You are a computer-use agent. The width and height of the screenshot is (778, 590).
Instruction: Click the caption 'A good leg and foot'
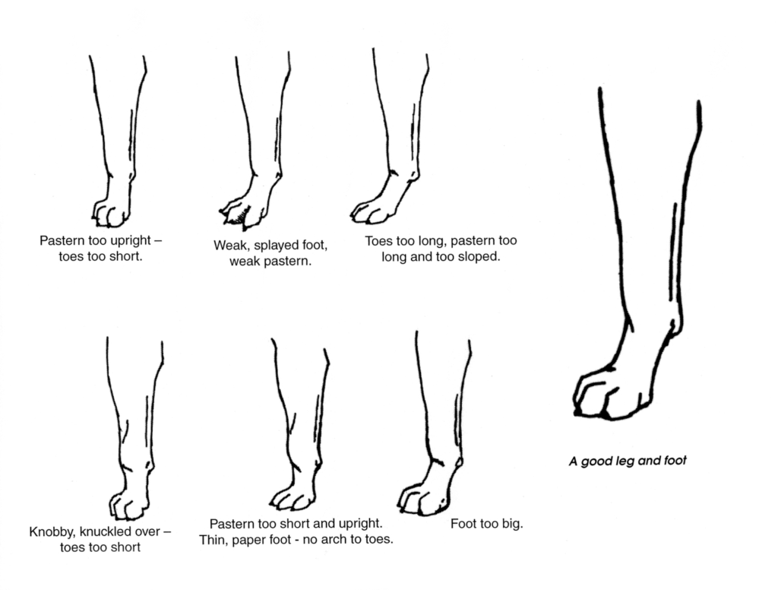(x=628, y=462)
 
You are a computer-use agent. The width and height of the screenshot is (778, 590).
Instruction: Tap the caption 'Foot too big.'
(x=487, y=524)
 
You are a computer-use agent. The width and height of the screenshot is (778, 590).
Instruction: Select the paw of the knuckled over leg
(x=129, y=504)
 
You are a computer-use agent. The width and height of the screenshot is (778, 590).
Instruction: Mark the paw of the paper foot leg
(x=293, y=496)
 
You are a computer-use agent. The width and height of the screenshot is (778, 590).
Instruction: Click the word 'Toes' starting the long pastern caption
(x=380, y=241)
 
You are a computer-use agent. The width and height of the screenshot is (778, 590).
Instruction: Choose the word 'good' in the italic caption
(x=597, y=462)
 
